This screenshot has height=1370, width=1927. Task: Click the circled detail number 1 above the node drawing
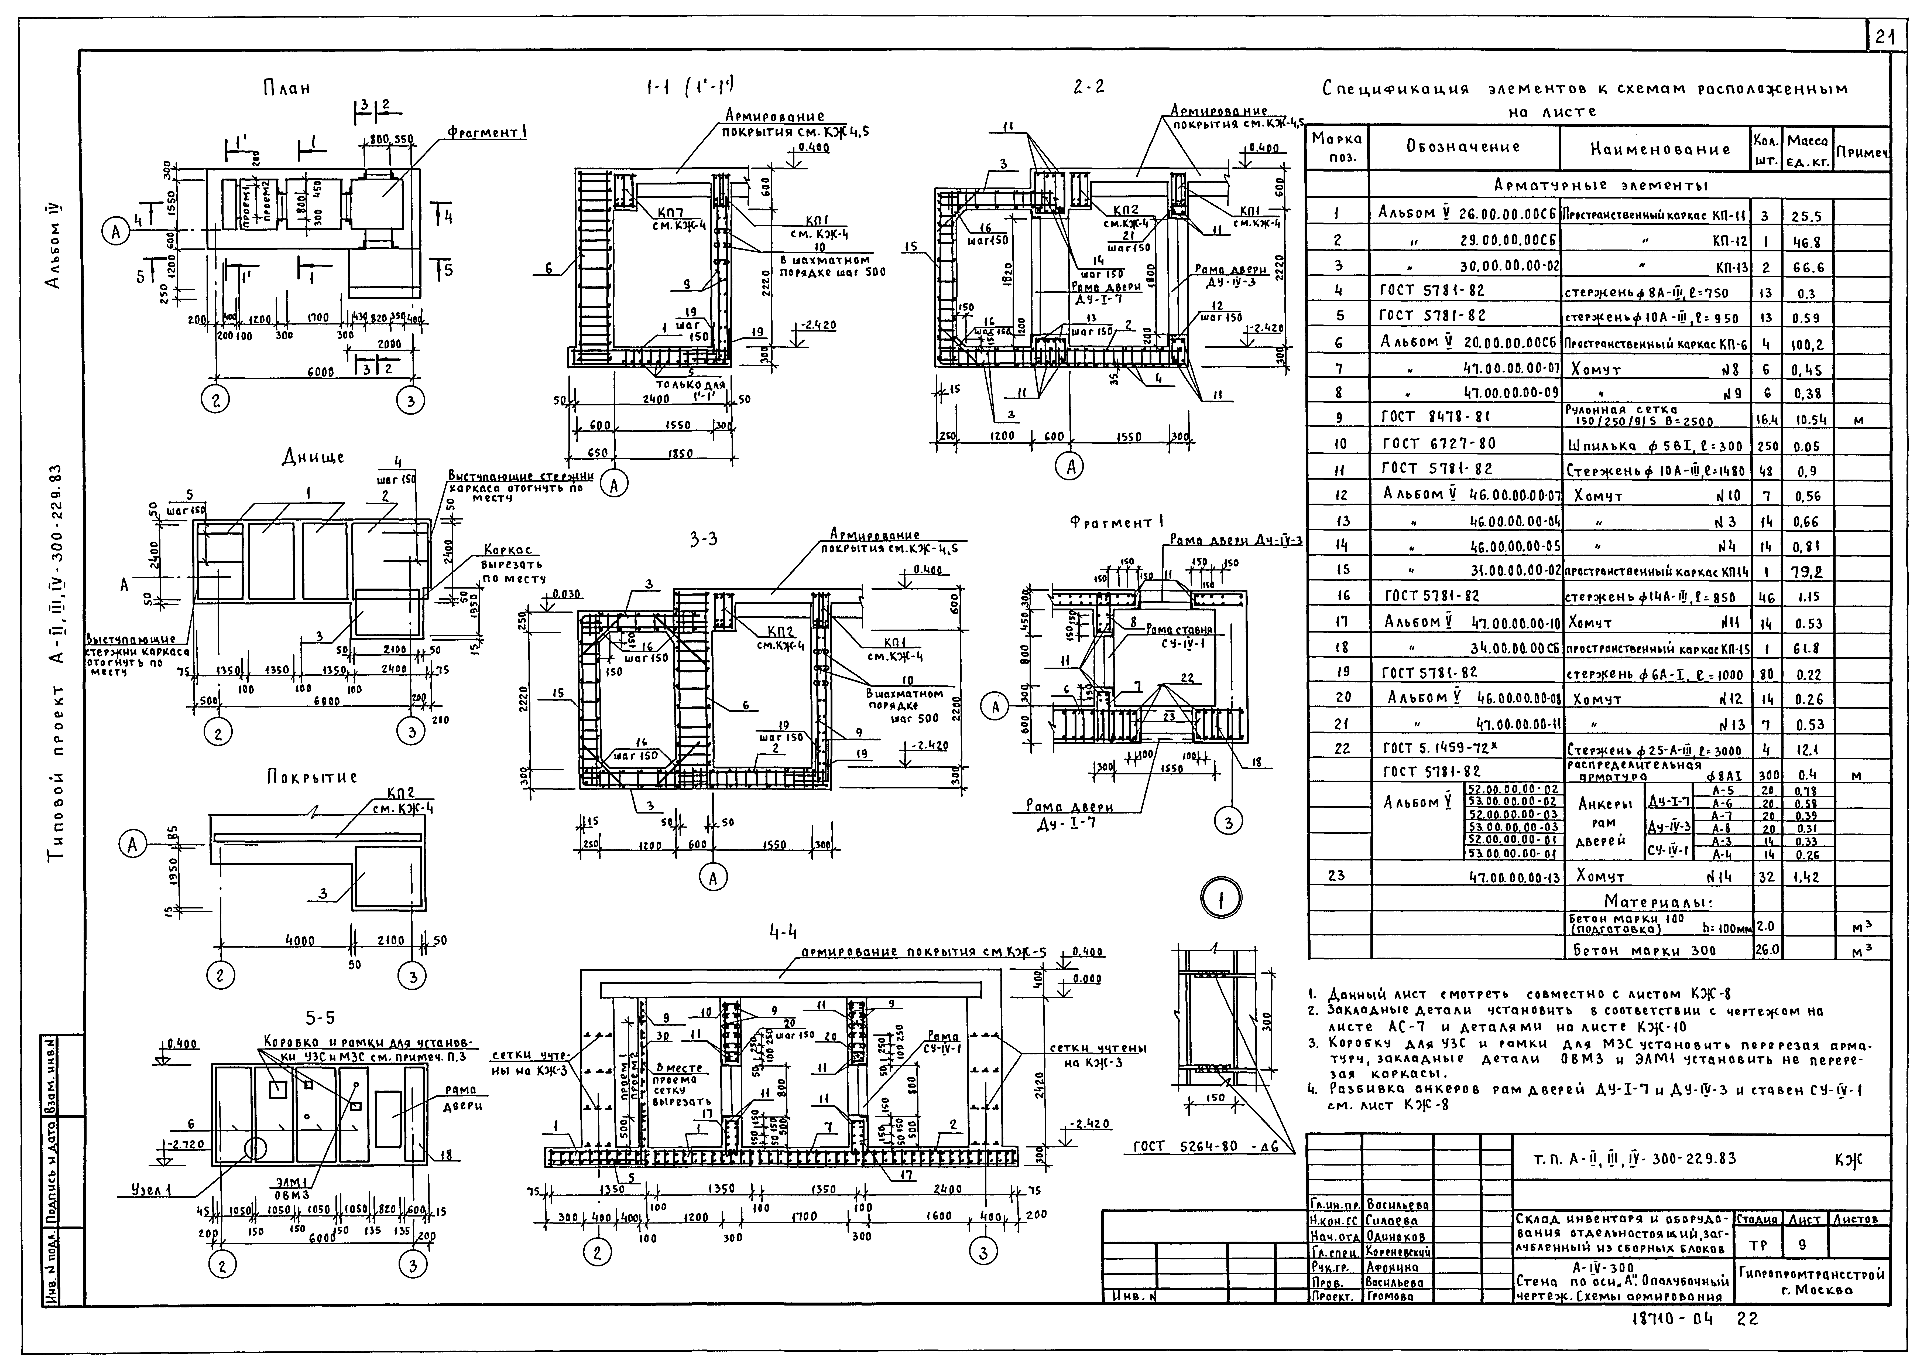[x=1219, y=902]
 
